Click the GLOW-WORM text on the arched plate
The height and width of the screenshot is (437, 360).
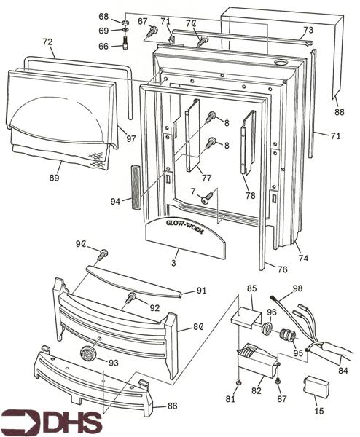[184, 227]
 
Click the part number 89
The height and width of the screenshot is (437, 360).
[55, 178]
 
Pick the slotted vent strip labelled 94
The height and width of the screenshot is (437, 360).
[136, 186]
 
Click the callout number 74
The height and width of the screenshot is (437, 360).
[303, 259]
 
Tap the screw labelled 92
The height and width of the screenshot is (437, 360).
[130, 298]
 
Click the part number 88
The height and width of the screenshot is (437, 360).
[340, 112]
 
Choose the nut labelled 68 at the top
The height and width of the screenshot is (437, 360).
[125, 22]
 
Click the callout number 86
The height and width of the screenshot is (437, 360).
[172, 406]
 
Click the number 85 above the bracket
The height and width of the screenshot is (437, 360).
[251, 288]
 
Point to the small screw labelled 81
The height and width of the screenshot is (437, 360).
[239, 383]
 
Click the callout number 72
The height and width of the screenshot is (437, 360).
[47, 42]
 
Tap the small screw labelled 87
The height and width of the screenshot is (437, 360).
[278, 381]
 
